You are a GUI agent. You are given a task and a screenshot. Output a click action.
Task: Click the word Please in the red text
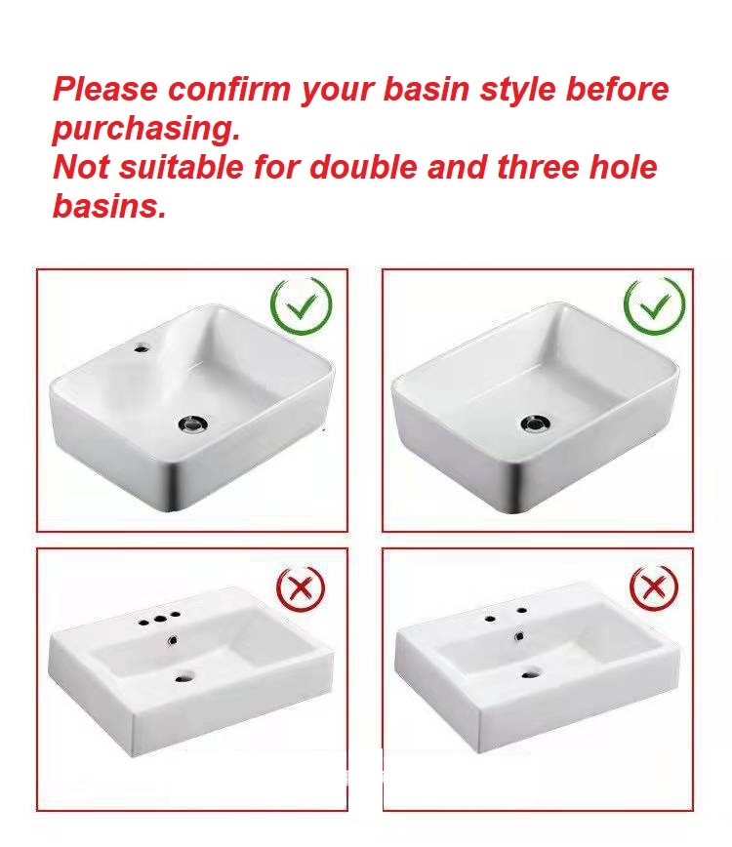coord(104,89)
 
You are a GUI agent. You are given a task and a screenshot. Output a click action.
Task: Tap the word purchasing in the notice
coord(145,130)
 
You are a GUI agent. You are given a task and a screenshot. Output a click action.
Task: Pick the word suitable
coord(182,167)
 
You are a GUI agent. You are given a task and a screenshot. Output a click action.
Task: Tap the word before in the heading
coord(617,89)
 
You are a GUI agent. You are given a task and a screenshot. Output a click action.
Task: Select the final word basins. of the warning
coord(108,206)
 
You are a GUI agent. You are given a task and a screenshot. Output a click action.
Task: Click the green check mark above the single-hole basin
coord(301,306)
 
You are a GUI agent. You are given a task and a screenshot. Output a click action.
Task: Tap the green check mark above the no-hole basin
coord(654,305)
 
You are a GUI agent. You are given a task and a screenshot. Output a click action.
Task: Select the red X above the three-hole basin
coord(301,588)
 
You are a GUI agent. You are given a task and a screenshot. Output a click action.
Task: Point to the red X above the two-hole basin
coord(654,587)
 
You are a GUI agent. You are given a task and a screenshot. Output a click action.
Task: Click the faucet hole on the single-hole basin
coord(142,346)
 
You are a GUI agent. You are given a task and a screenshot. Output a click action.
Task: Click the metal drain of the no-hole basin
coord(536,423)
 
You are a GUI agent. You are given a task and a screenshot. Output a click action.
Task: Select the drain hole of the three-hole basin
coord(184,676)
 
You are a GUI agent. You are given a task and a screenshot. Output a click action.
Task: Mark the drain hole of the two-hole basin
coord(531,673)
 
